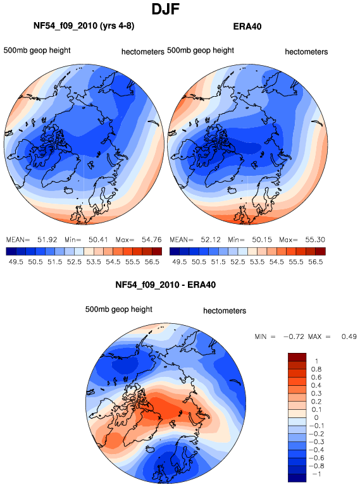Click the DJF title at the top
(x=165, y=9)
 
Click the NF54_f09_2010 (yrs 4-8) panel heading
(x=84, y=26)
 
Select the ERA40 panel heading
(x=247, y=27)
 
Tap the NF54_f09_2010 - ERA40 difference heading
(x=165, y=285)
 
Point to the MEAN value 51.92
(x=47, y=240)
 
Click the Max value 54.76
(x=152, y=240)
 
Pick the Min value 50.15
(x=261, y=240)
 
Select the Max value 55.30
(x=315, y=240)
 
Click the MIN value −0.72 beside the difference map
(x=294, y=336)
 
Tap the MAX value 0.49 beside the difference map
(x=349, y=336)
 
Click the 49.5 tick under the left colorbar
(x=16, y=262)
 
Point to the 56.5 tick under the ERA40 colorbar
(x=315, y=262)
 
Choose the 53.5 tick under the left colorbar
(x=94, y=262)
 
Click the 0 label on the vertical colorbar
(x=316, y=417)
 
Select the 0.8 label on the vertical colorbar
(x=316, y=369)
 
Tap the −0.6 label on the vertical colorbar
(x=316, y=458)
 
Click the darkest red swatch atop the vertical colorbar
(x=297, y=357)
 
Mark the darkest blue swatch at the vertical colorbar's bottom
(x=297, y=478)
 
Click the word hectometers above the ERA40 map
(x=306, y=52)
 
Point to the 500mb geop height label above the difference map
(x=119, y=309)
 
